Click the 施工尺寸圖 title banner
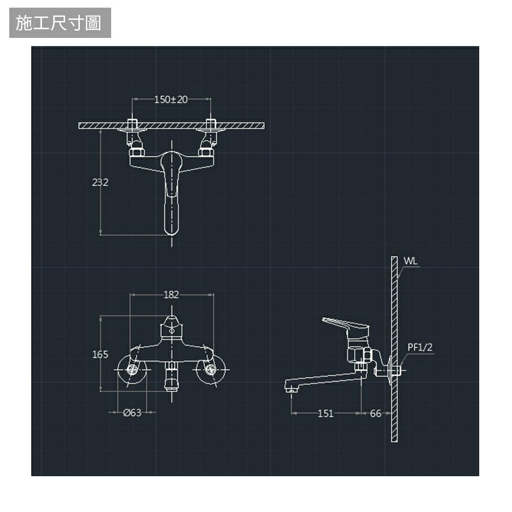click(x=59, y=24)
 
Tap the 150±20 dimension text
click(x=171, y=99)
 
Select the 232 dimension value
click(x=100, y=182)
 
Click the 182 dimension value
click(x=171, y=295)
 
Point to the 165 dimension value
click(x=100, y=354)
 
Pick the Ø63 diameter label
click(x=132, y=413)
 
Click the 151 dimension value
click(x=326, y=414)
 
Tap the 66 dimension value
click(x=375, y=414)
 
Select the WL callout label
click(x=411, y=261)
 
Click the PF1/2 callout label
click(x=420, y=348)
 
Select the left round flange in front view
click(x=132, y=370)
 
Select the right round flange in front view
click(x=211, y=370)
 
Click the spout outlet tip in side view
click(x=291, y=390)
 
